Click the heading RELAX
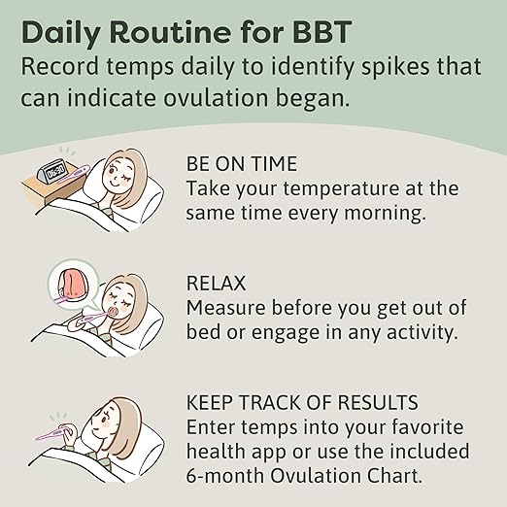tap(217, 283)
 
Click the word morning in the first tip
tap(386, 211)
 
